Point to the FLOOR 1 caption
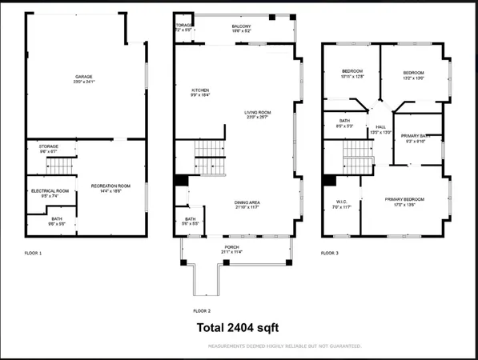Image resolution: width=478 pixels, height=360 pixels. (x=34, y=253)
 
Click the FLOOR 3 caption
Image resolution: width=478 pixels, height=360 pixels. (x=329, y=253)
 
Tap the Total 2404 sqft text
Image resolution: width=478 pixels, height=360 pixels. (x=239, y=327)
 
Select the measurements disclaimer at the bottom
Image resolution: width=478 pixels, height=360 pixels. (x=284, y=346)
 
